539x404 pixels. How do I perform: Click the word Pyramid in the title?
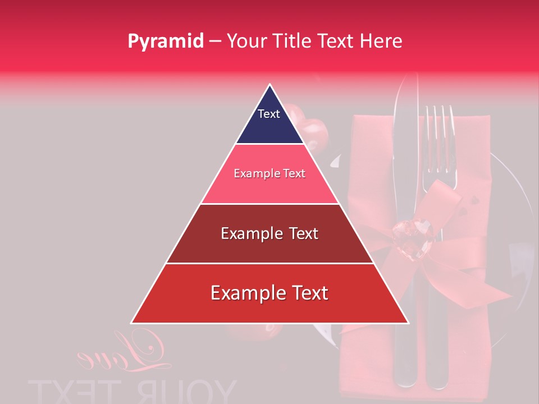tap(165, 42)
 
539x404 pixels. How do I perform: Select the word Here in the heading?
tap(382, 42)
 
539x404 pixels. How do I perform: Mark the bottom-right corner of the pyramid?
tap(407, 322)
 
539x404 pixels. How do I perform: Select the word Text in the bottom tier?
tap(308, 293)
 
